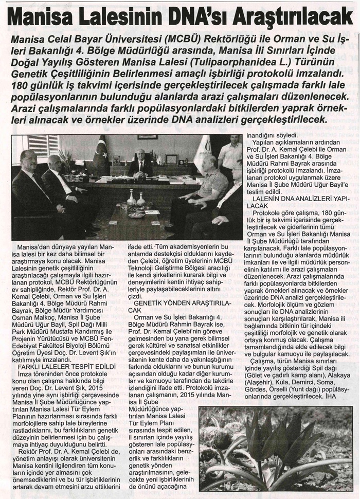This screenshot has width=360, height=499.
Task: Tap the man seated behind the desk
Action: (x=140, y=163)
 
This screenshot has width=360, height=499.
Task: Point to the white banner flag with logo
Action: (x=202, y=154)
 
